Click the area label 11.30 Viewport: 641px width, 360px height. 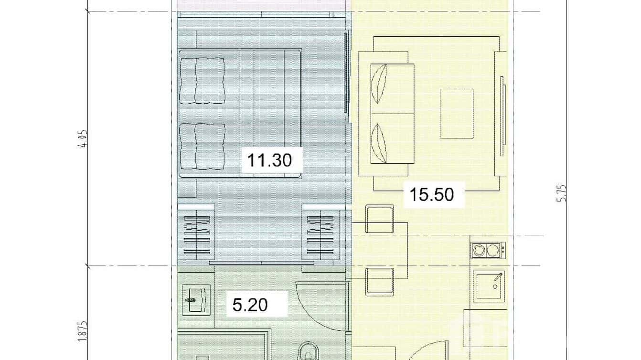(x=269, y=160)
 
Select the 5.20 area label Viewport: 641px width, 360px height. (x=250, y=305)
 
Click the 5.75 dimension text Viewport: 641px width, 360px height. (x=562, y=192)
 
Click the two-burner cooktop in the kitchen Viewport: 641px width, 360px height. (x=488, y=250)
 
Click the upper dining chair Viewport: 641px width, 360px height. (x=380, y=219)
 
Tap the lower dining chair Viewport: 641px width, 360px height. (x=380, y=281)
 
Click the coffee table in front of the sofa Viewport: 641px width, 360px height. (x=457, y=114)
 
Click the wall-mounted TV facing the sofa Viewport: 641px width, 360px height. (x=502, y=116)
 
